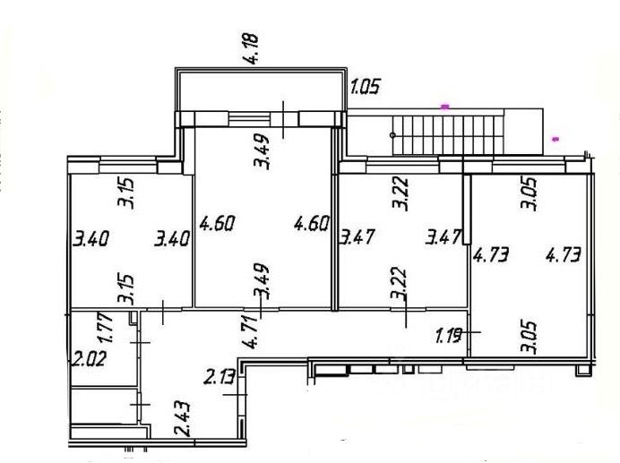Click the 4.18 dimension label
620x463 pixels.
pyautogui.click(x=254, y=46)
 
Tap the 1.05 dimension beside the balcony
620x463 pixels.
pyautogui.click(x=365, y=88)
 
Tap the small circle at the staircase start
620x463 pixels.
pyautogui.click(x=393, y=133)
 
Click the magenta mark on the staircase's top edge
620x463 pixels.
pyautogui.click(x=444, y=107)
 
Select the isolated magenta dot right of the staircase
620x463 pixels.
pyautogui.click(x=556, y=139)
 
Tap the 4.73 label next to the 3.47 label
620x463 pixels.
pyautogui.click(x=491, y=255)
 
